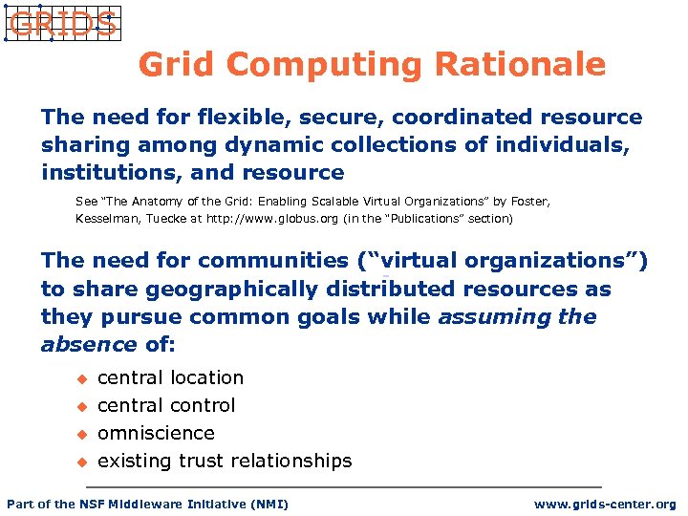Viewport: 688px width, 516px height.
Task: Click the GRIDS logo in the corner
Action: click(x=62, y=24)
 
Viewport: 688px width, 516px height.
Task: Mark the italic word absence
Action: click(x=89, y=344)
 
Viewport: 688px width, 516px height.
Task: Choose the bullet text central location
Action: click(x=170, y=377)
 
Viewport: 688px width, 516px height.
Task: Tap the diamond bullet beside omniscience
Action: click(x=82, y=434)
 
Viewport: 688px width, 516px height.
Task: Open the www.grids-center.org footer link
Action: click(x=604, y=505)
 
